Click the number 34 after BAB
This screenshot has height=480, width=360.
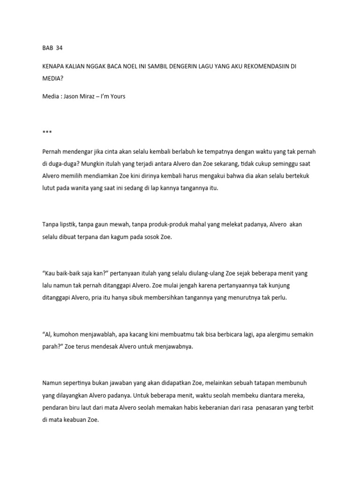coord(59,48)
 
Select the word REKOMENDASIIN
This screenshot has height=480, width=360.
coord(256,67)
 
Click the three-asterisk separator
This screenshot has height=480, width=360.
coord(46,133)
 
